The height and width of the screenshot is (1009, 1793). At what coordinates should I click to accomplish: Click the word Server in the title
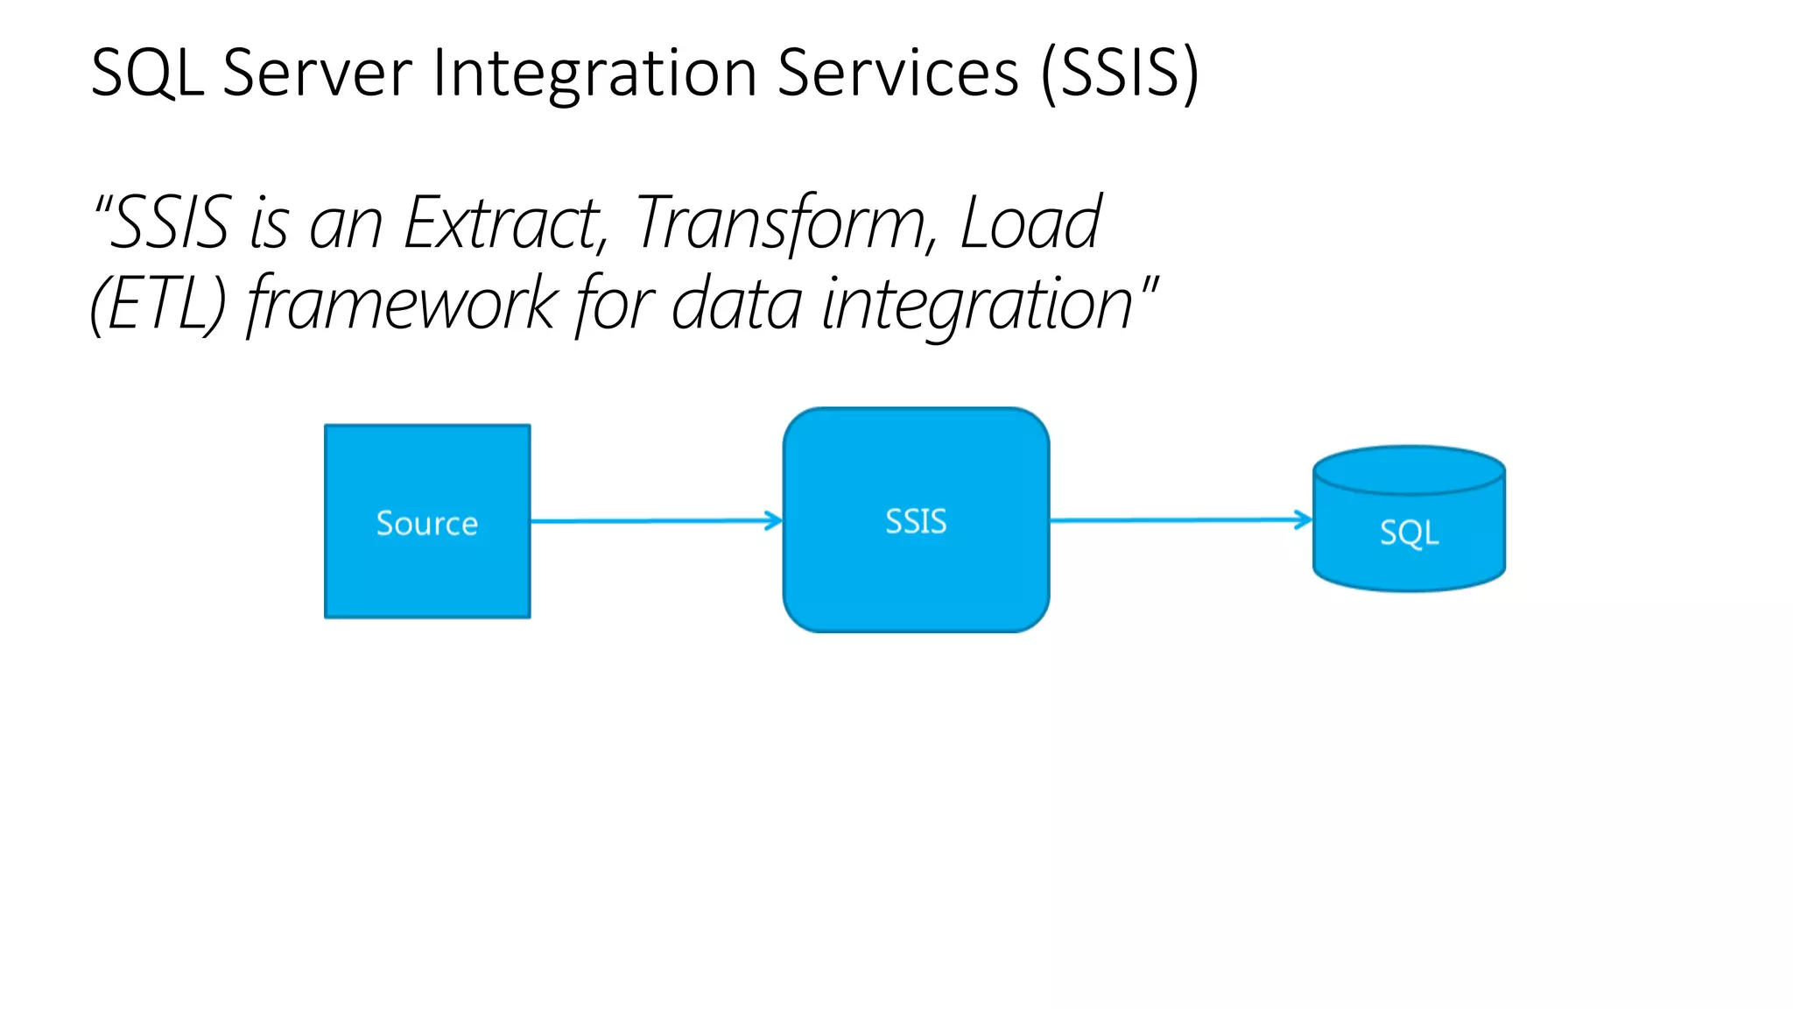pyautogui.click(x=317, y=73)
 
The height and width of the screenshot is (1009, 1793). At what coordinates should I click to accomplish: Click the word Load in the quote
pyautogui.click(x=1030, y=224)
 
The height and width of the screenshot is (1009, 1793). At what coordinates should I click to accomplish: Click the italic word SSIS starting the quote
pyautogui.click(x=172, y=224)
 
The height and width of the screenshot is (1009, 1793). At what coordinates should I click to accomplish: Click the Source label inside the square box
pyautogui.click(x=427, y=524)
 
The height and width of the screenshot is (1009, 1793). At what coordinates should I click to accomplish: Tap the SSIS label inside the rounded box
pyautogui.click(x=916, y=522)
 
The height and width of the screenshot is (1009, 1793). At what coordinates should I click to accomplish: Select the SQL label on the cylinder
pyautogui.click(x=1409, y=533)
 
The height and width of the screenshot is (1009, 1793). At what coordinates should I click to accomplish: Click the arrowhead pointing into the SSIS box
pyautogui.click(x=774, y=520)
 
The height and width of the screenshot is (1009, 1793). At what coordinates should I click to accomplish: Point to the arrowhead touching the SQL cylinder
pyautogui.click(x=1304, y=519)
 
